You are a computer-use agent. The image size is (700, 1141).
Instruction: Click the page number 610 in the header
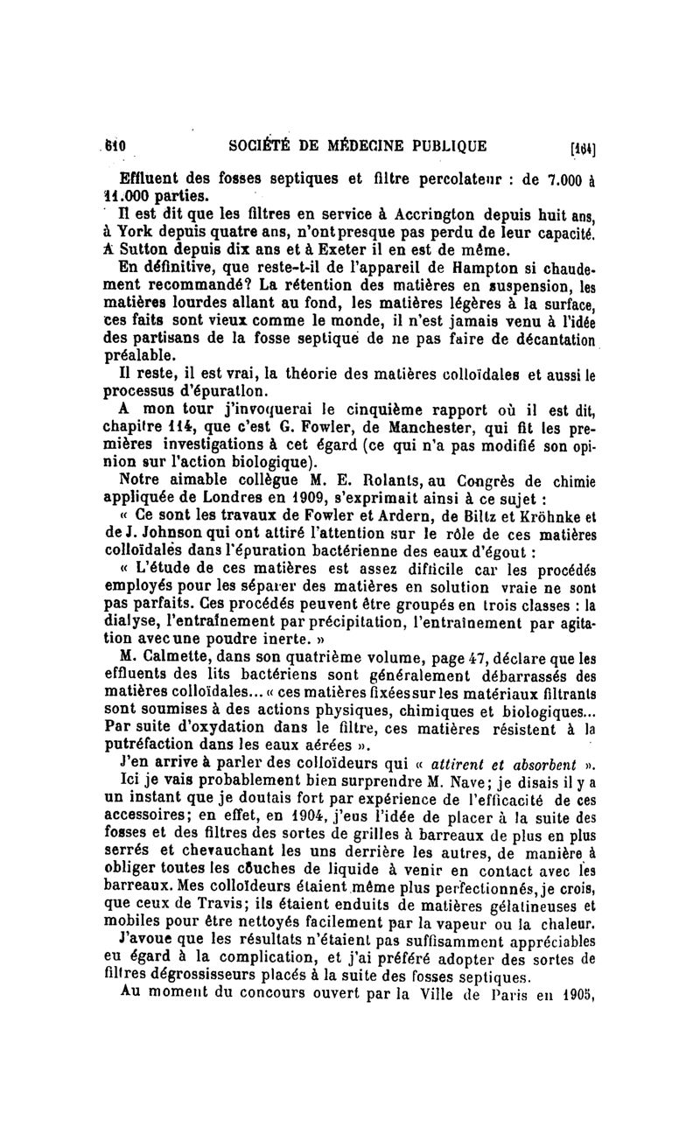116,145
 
